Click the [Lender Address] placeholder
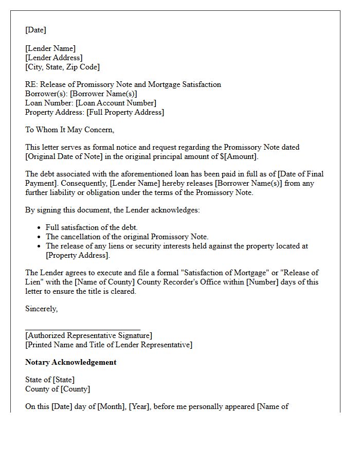tap(53, 58)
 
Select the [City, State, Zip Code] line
tap(62, 67)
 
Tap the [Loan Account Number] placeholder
tap(116, 103)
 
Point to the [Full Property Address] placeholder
tap(125, 112)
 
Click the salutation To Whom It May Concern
tap(69, 130)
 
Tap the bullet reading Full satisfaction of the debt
tap(92, 227)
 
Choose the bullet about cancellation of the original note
tap(127, 237)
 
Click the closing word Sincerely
tap(41, 309)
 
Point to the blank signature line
tap(82, 328)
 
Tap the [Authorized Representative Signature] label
tap(88, 335)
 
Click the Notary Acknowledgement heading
tap(70, 362)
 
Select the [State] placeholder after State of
tap(63, 380)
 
